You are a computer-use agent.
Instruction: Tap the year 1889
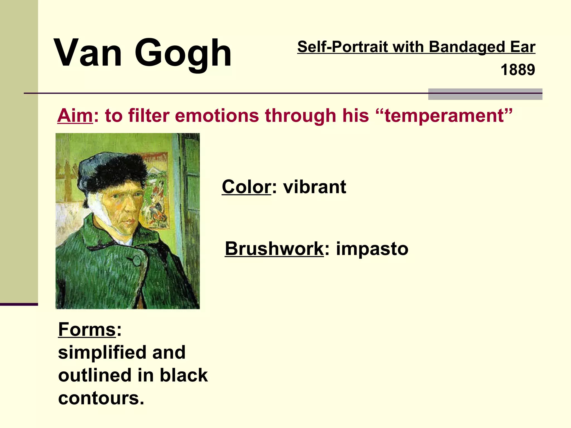[518, 70]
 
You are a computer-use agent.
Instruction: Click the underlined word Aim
[75, 115]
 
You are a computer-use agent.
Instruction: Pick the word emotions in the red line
[217, 115]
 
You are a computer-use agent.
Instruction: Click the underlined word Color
[246, 187]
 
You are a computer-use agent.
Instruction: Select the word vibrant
[315, 187]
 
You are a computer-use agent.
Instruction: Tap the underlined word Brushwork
[274, 249]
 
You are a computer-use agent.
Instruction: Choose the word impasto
[372, 249]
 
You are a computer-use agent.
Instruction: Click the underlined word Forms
[87, 329]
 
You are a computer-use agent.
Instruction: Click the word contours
[101, 398]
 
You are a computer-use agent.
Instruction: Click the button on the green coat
[137, 260]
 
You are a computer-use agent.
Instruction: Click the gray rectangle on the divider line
[485, 94]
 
